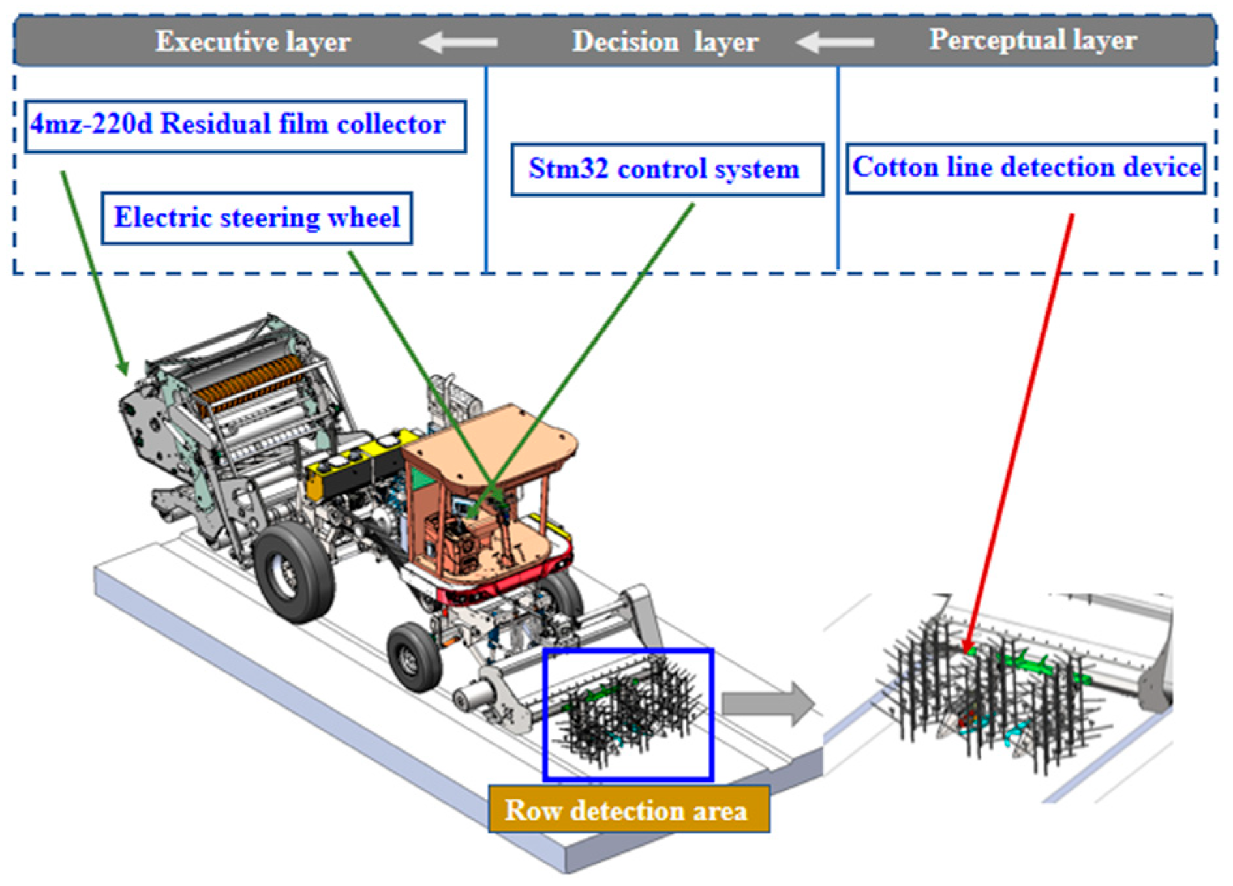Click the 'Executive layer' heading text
point(252,42)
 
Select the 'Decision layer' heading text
point(665,42)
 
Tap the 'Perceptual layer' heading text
point(1032,40)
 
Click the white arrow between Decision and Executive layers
point(459,43)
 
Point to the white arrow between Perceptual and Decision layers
point(835,43)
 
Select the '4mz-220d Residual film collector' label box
point(245,125)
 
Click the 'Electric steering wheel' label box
point(256,218)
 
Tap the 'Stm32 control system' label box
point(667,170)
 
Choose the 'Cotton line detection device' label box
point(1026,168)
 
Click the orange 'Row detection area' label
point(628,810)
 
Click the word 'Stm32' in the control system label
point(568,170)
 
